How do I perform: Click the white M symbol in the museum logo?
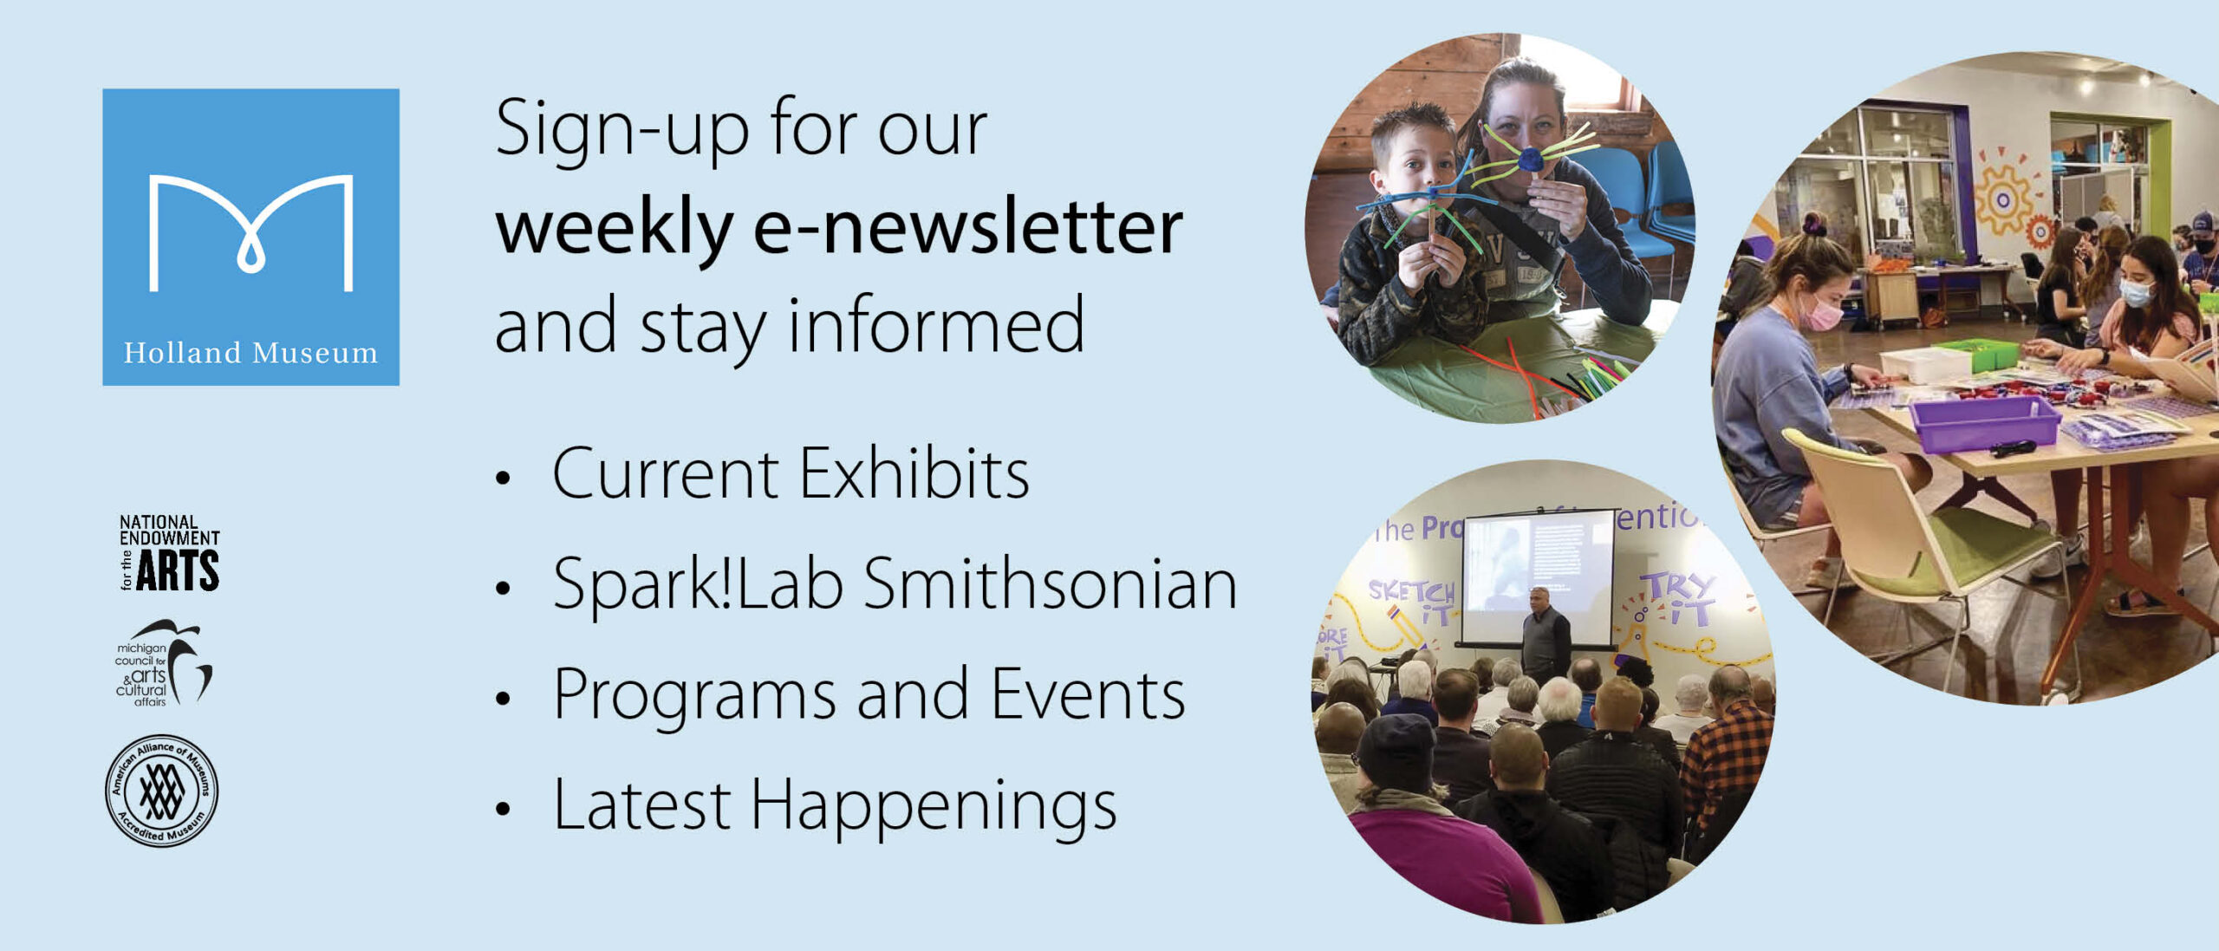[251, 231]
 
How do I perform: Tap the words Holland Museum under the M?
[251, 353]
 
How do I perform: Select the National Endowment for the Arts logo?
[169, 552]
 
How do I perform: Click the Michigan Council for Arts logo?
[163, 663]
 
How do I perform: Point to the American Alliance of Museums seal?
[161, 791]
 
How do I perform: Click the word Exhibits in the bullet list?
[914, 474]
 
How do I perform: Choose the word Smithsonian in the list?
[1050, 584]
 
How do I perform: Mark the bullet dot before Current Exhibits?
[503, 478]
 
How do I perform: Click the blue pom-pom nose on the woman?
[1531, 160]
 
